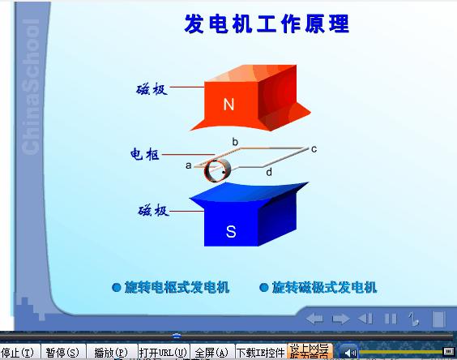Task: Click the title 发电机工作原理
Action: point(267,24)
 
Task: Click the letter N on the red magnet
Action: point(228,105)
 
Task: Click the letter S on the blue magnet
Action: point(230,232)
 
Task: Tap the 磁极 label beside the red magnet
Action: point(152,89)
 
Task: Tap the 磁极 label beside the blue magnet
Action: point(153,211)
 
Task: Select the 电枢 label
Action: point(146,154)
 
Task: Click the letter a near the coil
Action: point(188,165)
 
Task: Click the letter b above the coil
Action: point(235,143)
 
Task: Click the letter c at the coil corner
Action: point(314,148)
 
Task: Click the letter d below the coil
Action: point(269,172)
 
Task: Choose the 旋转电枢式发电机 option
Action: point(171,287)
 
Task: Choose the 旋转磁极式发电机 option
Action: point(318,287)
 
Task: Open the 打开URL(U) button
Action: point(163,353)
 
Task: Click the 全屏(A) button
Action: point(211,353)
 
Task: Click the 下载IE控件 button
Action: point(260,353)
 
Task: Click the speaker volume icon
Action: point(349,352)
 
